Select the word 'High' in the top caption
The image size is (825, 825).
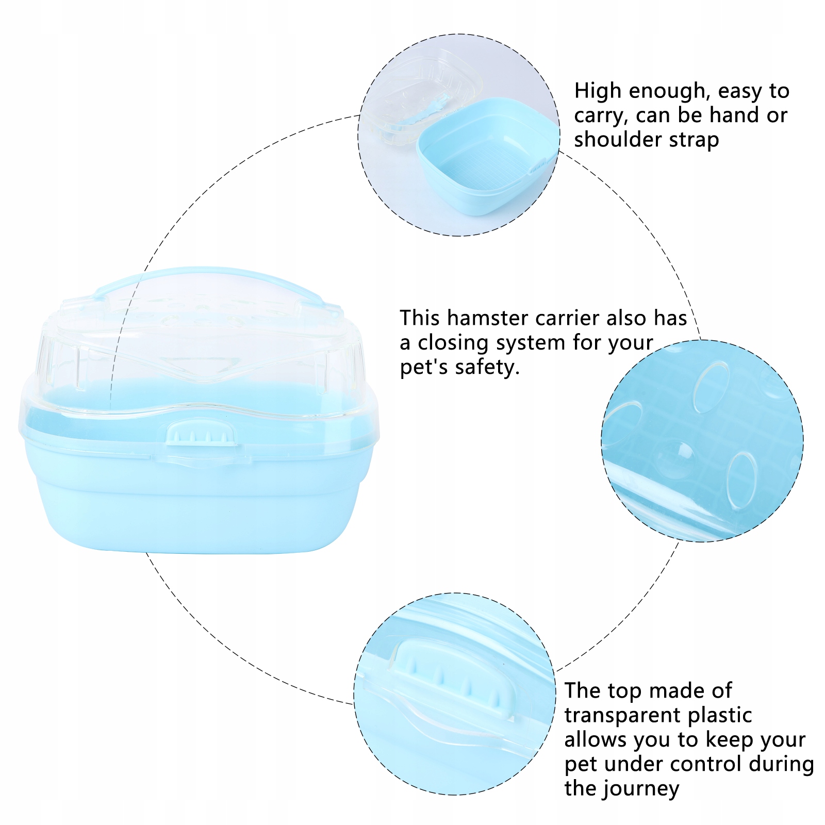[598, 91]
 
